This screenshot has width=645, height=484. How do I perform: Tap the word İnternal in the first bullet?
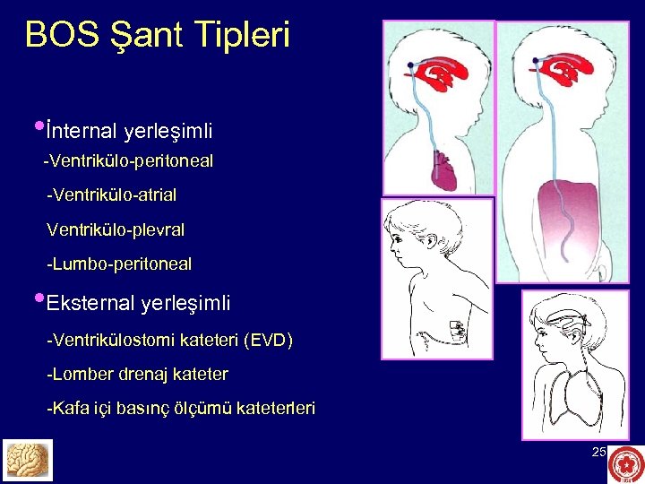tap(82, 132)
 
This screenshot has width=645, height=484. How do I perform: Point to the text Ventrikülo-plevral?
tap(116, 229)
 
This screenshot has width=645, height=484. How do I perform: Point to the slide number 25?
tap(599, 453)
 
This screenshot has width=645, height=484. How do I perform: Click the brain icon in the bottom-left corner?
tap(27, 460)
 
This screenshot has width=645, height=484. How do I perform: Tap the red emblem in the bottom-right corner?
tap(625, 464)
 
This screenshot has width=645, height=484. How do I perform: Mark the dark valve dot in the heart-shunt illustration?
tap(410, 65)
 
